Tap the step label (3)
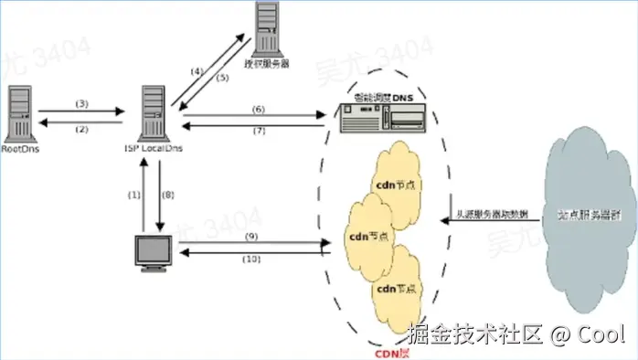coord(80,103)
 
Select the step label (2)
coord(80,129)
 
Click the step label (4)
coord(197,69)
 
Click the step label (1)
coord(135,195)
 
